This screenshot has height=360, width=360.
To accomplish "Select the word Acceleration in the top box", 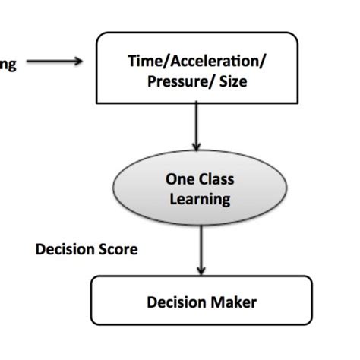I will pos(199,63).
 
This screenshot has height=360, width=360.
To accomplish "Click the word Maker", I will pos(234,302).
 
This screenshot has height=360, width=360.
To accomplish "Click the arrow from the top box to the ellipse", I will pos(197,125).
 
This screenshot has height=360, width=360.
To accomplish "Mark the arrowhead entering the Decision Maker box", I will pos(201,269).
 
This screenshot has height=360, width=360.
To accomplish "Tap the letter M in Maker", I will pos(219,302).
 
